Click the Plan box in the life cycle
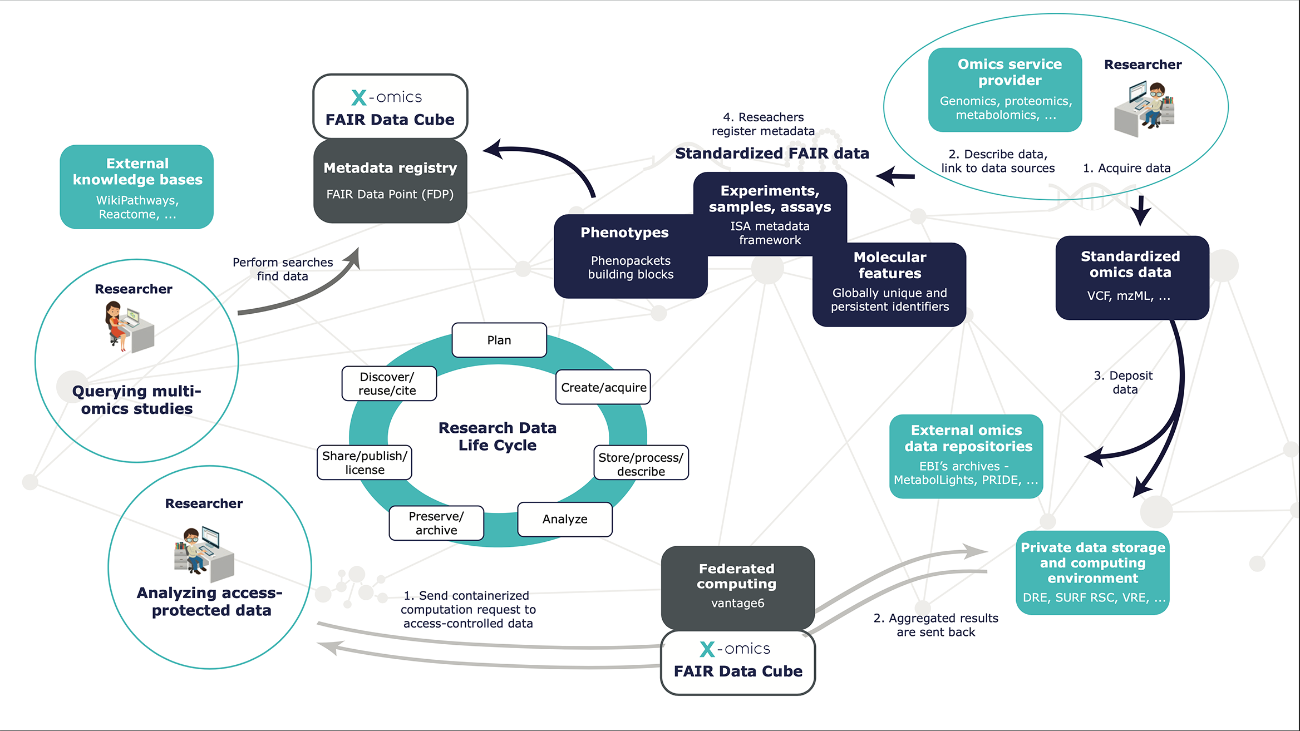[499, 340]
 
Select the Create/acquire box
[603, 387]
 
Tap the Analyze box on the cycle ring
[565, 519]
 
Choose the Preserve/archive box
[436, 523]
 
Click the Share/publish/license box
[365, 462]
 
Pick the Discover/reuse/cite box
[389, 383]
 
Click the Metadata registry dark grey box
[390, 181]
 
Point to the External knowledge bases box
[137, 187]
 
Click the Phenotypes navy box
[630, 256]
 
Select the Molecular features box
[889, 284]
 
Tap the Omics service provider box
[1005, 90]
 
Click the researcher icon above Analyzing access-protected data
[204, 552]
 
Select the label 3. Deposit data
[1124, 382]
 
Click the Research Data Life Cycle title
[498, 436]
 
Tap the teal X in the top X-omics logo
[359, 98]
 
